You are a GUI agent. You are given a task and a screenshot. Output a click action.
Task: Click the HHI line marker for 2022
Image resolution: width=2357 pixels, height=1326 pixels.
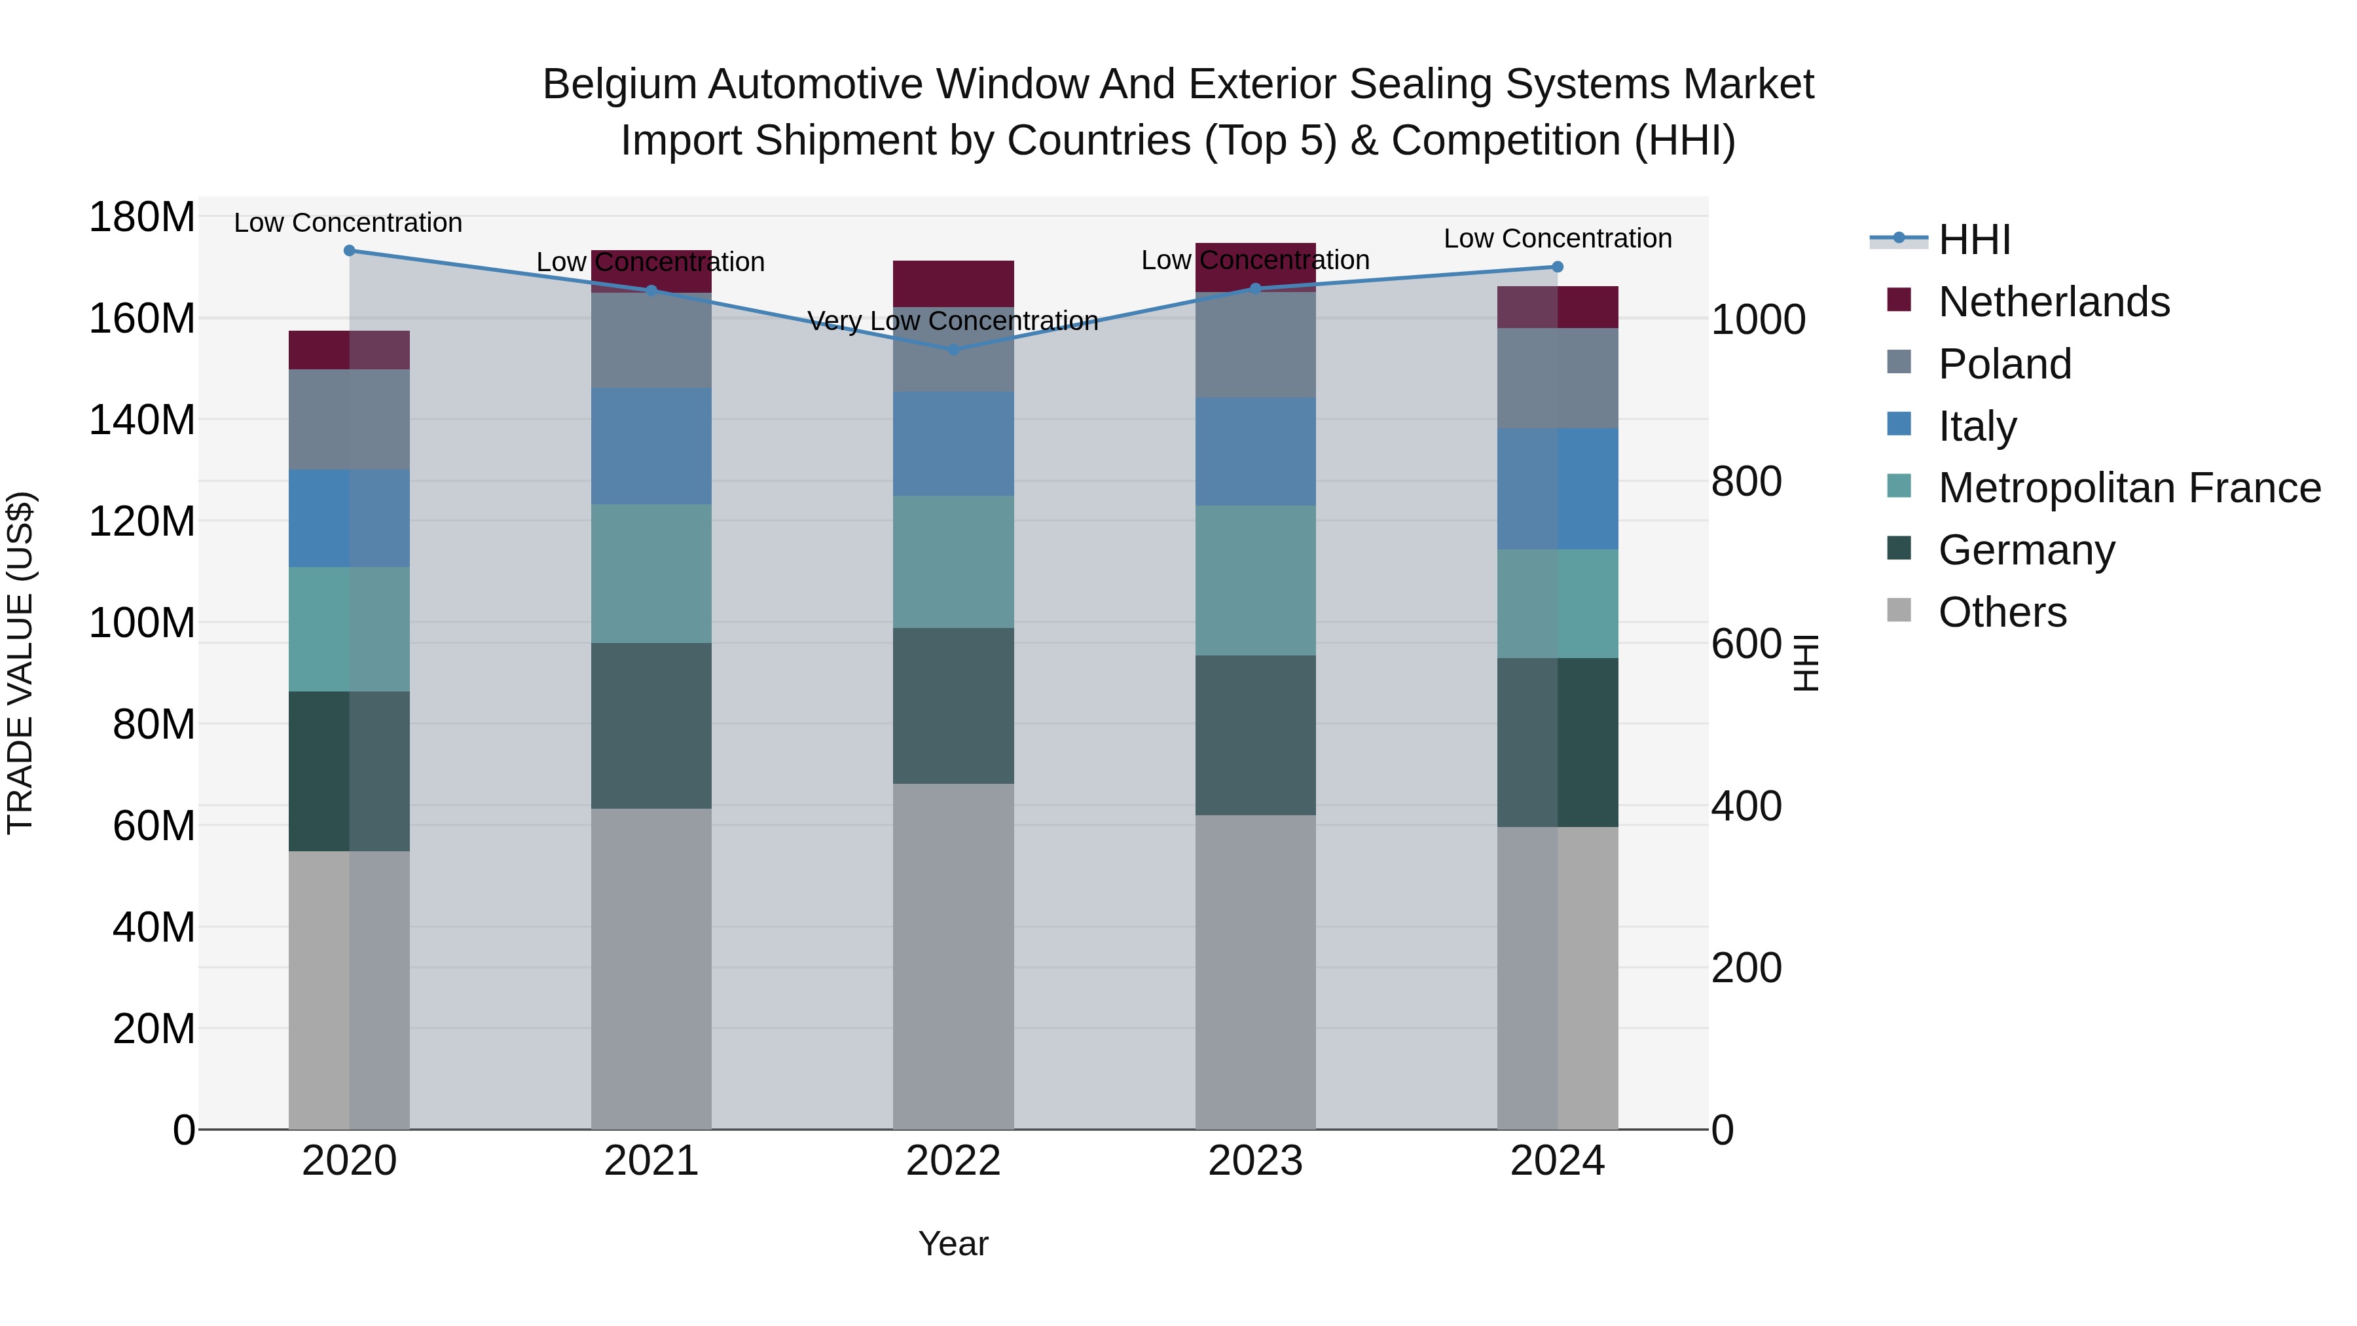click(x=953, y=350)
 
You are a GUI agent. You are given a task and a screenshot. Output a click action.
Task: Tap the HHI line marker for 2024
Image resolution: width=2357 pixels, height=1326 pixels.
click(x=1558, y=267)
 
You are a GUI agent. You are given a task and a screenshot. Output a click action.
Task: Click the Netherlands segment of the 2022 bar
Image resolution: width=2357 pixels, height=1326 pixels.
click(x=953, y=283)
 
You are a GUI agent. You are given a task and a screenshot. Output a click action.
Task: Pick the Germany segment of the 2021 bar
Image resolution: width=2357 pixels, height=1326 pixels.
click(x=651, y=725)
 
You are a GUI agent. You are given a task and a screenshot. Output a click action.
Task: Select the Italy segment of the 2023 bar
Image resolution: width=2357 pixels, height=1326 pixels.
click(x=1254, y=451)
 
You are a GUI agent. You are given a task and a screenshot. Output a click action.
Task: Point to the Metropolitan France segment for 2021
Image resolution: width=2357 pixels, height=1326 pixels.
click(x=651, y=573)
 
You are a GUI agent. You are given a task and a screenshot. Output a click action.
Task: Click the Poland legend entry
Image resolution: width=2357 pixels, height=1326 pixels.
click(x=2004, y=363)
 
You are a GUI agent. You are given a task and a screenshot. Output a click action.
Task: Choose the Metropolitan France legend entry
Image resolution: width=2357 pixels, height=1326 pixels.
click(x=2129, y=488)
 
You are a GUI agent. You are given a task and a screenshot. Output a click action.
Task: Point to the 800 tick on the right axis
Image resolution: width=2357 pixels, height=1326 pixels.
click(x=1745, y=481)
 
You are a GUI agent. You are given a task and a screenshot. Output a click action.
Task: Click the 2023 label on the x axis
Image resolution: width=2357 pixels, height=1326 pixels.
click(x=1254, y=1160)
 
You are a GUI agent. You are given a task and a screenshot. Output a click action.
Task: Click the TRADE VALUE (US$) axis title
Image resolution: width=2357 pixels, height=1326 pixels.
click(x=20, y=663)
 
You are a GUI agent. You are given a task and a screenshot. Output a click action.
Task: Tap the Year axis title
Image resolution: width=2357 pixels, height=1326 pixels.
click(x=953, y=1243)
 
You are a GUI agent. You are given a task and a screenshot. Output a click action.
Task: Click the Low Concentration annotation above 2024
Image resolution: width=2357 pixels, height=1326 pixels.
click(x=1558, y=238)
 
